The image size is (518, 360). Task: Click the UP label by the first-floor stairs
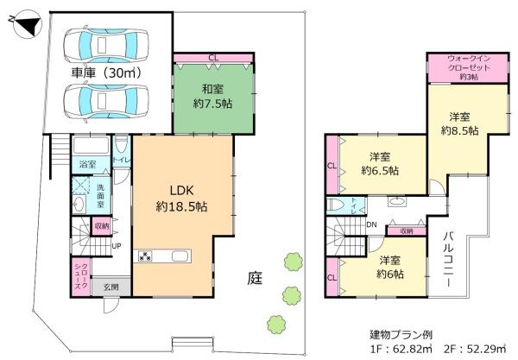pos(117,245)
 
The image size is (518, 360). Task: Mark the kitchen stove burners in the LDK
pos(146,256)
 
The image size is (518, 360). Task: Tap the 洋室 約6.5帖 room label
pos(380,163)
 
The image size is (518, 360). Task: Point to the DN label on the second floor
pos(370,225)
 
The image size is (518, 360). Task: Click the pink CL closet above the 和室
pos(212,59)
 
